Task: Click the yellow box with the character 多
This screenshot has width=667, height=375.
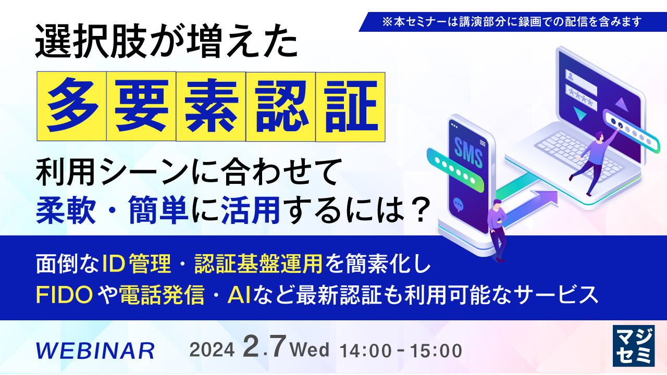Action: (x=71, y=106)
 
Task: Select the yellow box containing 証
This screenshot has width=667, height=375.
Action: (x=350, y=106)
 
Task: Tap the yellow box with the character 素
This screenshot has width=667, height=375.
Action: (x=211, y=106)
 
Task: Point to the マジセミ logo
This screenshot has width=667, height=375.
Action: (x=633, y=346)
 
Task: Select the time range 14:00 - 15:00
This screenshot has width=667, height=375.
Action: (x=400, y=351)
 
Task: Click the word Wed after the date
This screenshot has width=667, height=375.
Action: (x=312, y=349)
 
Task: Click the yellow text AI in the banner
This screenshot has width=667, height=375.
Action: (x=238, y=295)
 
